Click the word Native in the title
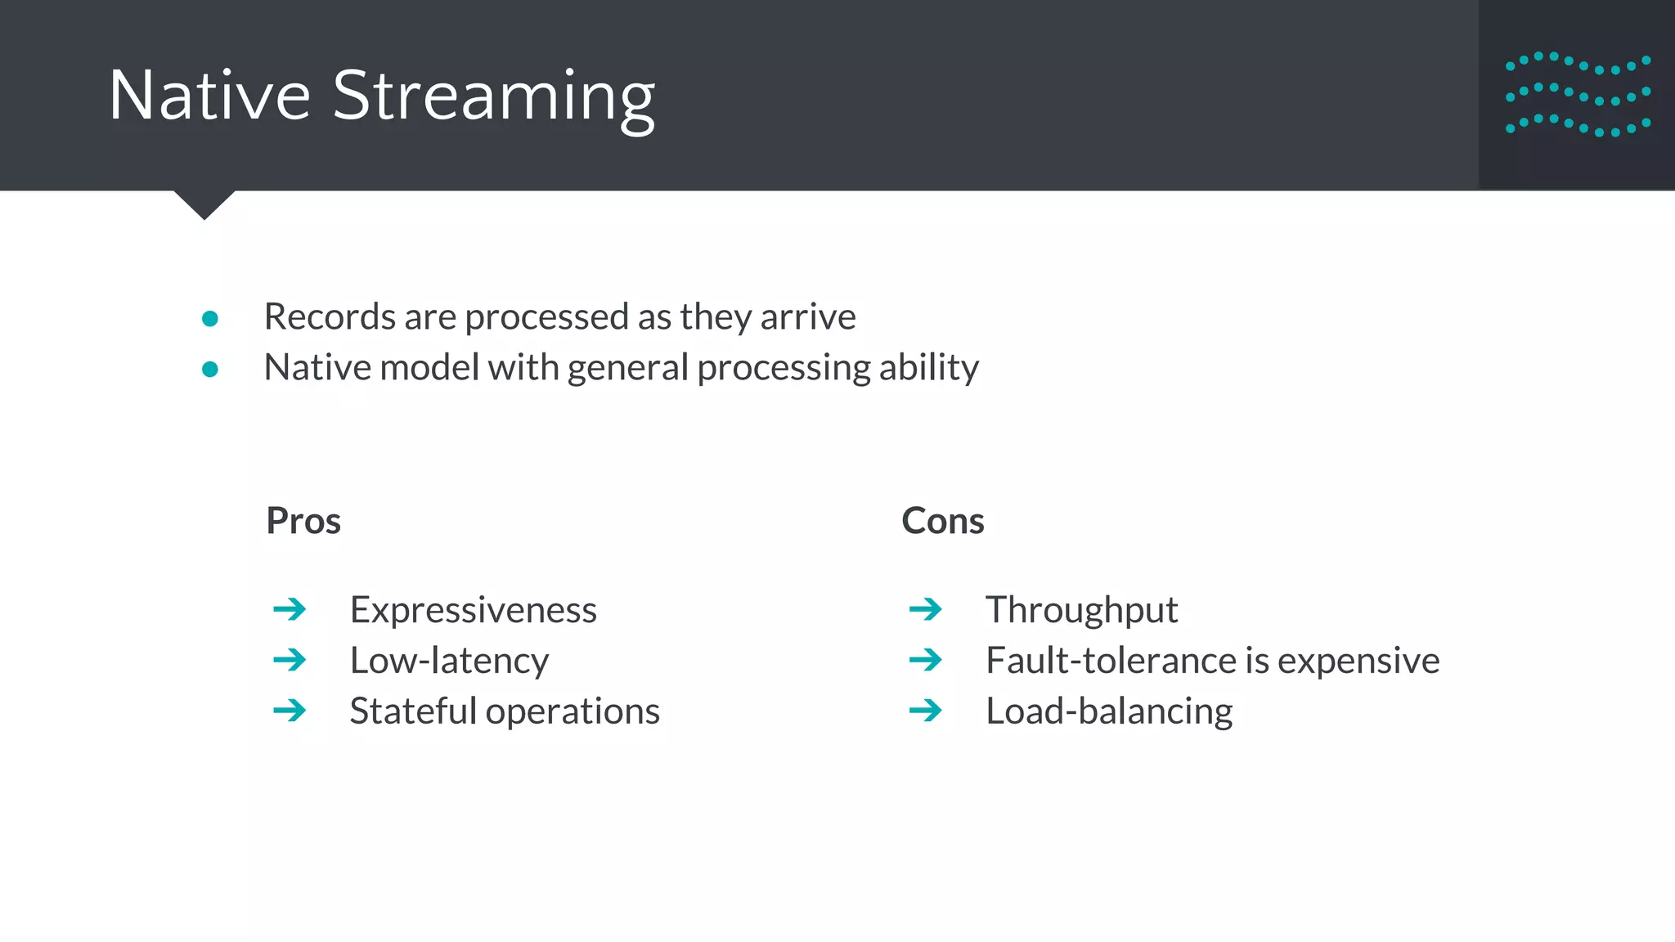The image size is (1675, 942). coord(209,96)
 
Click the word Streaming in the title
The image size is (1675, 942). coord(493,98)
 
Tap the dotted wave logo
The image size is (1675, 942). coord(1578,95)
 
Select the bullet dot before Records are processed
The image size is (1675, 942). coord(210,319)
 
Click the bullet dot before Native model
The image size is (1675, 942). coord(210,370)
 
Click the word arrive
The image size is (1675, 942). coord(808,317)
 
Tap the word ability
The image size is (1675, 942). coord(929,368)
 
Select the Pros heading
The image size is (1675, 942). coord(303,521)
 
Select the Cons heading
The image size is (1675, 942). coord(942,521)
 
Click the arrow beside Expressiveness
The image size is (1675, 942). coord(290,609)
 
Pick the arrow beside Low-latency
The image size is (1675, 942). coord(290,660)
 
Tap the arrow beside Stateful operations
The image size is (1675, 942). coord(290,711)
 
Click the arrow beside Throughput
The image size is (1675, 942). coord(925,609)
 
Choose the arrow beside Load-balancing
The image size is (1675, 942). coord(925,711)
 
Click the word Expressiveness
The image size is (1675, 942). coord(473,610)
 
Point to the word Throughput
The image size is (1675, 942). coord(1081,610)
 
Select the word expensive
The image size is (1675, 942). coord(1358,661)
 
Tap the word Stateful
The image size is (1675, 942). coord(413,711)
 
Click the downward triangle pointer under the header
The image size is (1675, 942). coord(204,204)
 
